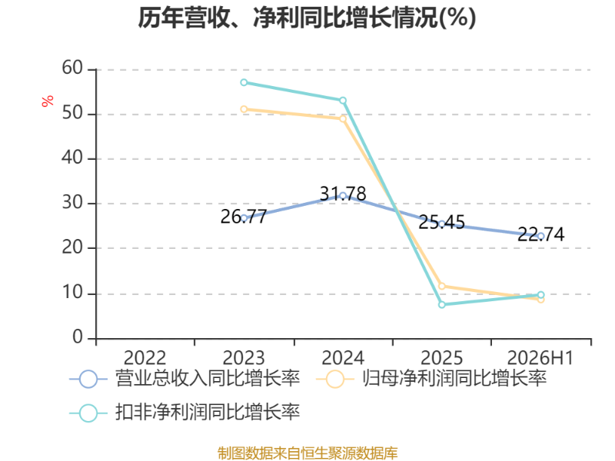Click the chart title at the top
(x=307, y=18)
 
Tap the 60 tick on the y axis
(x=72, y=68)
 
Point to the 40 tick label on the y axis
(x=72, y=158)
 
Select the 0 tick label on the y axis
(x=78, y=337)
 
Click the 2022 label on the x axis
(x=145, y=358)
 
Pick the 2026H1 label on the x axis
(x=540, y=358)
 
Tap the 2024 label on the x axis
(x=343, y=358)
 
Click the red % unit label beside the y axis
(x=48, y=101)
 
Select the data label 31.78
(x=343, y=194)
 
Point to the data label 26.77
(x=244, y=217)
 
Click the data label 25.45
(x=441, y=222)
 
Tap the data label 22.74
(x=541, y=234)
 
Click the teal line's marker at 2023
(x=244, y=82)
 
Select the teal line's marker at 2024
(x=343, y=101)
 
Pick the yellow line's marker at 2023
(x=244, y=109)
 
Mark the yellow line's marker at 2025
(x=441, y=286)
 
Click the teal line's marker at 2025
(x=441, y=304)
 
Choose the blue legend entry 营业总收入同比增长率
(x=184, y=379)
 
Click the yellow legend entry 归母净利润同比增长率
(x=431, y=379)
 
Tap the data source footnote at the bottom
(x=307, y=453)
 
